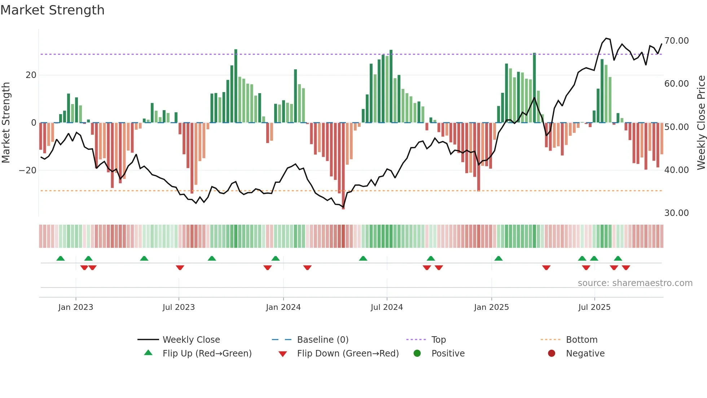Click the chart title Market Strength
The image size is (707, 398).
[52, 10]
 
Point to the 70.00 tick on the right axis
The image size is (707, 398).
[676, 41]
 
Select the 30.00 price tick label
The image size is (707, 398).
[676, 213]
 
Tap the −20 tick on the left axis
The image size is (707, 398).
[28, 170]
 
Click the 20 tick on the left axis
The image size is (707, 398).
[31, 75]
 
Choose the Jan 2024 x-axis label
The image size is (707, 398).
[283, 307]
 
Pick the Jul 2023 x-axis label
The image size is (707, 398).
[179, 307]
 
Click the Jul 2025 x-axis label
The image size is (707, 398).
[594, 307]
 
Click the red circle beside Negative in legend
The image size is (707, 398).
[552, 354]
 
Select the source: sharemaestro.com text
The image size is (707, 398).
[635, 283]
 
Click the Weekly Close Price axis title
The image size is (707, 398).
[701, 123]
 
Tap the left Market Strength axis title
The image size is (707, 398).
[6, 123]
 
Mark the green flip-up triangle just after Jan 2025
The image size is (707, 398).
[499, 259]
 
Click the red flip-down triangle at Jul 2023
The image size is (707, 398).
[180, 268]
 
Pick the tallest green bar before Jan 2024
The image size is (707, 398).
[236, 87]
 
